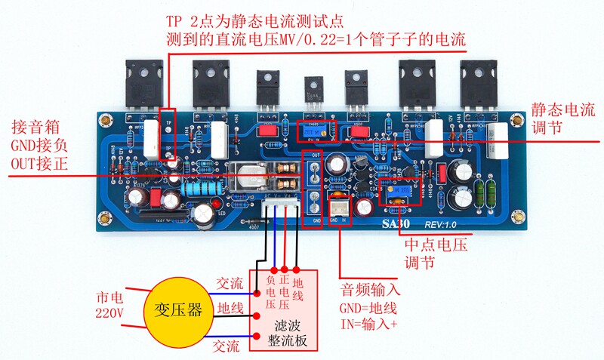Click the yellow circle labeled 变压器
[x=174, y=310]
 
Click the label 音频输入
[x=370, y=289]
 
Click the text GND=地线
[x=369, y=309]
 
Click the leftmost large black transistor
[x=146, y=83]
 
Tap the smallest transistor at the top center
[x=313, y=94]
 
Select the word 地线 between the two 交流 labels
[x=230, y=308]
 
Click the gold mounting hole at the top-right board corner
[x=516, y=119]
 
